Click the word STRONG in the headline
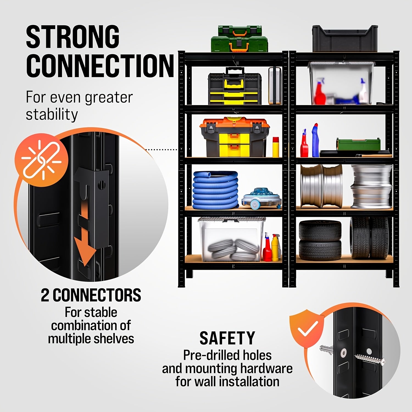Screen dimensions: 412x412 [73, 37]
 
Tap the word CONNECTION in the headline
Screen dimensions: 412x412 [100, 66]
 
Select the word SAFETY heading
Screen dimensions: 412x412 [227, 338]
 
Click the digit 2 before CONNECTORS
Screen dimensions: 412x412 [45, 295]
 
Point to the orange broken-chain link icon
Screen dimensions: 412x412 [41, 159]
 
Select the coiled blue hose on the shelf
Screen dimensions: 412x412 [215, 190]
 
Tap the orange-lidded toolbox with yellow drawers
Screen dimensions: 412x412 [235, 137]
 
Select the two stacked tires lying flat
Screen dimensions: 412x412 [320, 240]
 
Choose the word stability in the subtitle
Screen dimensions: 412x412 [52, 115]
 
